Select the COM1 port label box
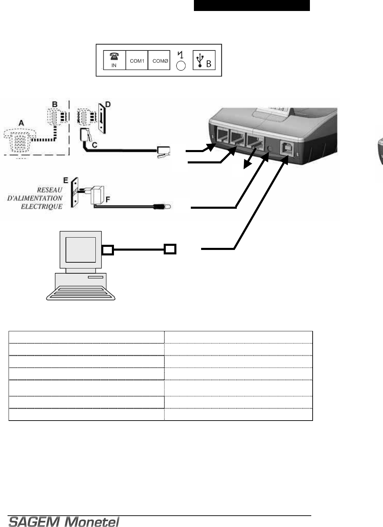click(137, 60)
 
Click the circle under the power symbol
click(181, 66)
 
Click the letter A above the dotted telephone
click(21, 123)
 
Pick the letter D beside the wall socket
click(107, 104)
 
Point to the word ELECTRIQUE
click(42, 206)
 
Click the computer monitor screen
click(81, 249)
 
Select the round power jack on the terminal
click(270, 148)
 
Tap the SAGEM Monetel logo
click(64, 522)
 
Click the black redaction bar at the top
click(252, 5)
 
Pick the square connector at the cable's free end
click(170, 249)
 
